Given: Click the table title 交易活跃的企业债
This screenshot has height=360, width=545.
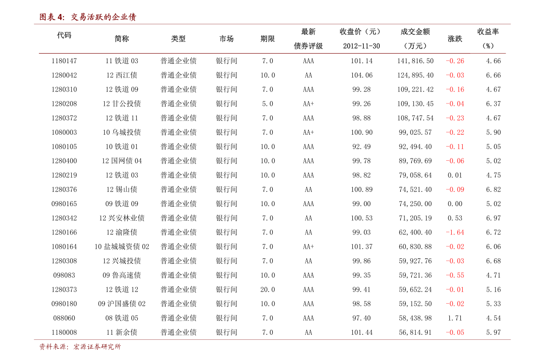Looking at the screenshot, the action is (103, 17).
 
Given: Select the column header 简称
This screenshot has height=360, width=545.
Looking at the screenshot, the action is (122, 38).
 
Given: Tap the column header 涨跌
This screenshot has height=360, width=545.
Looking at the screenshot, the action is (455, 38).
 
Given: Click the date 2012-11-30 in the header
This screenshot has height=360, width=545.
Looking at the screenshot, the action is (362, 46).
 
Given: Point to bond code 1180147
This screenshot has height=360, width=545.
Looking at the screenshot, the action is (64, 61).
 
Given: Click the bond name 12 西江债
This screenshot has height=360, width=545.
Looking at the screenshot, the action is (122, 75).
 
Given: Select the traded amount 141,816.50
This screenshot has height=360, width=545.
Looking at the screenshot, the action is (415, 61).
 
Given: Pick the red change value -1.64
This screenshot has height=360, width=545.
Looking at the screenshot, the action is (455, 232).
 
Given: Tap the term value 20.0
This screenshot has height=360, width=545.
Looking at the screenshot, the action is (268, 289).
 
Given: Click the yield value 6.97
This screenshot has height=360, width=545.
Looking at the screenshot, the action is (493, 218).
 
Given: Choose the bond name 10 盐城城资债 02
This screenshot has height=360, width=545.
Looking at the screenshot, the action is (122, 246).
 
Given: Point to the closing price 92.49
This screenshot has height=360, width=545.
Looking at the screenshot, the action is (362, 147).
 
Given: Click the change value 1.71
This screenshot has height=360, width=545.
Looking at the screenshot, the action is (455, 318).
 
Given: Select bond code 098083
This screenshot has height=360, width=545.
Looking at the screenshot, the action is (64, 275).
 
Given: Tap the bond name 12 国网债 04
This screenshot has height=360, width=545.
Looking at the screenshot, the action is (122, 161).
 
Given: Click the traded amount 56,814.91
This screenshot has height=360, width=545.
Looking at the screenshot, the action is (415, 332).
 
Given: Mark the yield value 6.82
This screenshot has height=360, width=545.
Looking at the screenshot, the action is (493, 190).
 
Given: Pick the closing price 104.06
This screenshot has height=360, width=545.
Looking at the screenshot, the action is (362, 75).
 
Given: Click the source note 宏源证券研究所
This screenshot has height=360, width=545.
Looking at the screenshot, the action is (97, 347).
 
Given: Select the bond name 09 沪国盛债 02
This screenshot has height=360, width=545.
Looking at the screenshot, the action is (122, 304).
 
